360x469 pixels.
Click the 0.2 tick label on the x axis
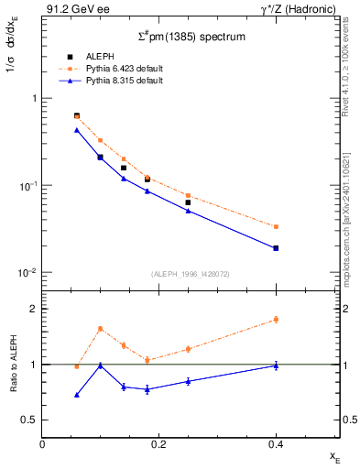[158, 444]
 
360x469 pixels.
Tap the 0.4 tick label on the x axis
[276, 444]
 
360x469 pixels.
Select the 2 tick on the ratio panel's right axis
[345, 309]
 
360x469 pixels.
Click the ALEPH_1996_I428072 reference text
[191, 274]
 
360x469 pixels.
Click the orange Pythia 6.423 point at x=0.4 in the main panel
[276, 226]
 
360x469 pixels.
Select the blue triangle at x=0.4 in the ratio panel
[276, 365]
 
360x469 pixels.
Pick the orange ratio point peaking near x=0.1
[100, 328]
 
